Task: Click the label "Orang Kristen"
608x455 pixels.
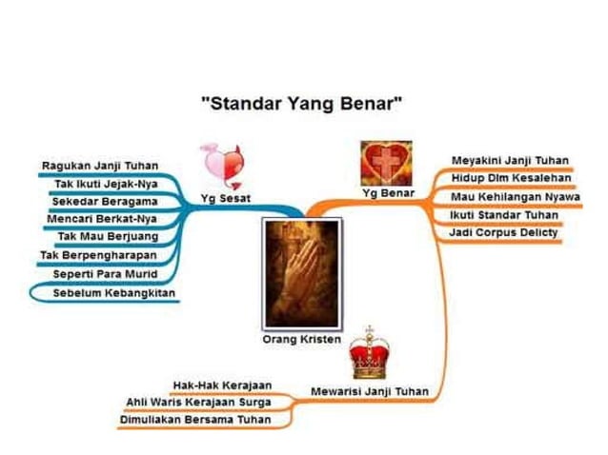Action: pos(301,340)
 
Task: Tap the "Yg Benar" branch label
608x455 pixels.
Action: pos(384,193)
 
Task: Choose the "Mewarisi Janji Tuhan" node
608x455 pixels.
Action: pos(370,390)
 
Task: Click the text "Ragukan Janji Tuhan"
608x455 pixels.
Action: pos(100,166)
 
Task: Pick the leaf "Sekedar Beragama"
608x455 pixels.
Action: pos(104,202)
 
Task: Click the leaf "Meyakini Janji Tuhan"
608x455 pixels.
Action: pos(510,159)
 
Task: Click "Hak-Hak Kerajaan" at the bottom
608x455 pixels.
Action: pos(222,385)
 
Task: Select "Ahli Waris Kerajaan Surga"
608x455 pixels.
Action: pos(198,402)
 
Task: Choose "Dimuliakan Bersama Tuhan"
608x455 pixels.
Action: pos(194,419)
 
